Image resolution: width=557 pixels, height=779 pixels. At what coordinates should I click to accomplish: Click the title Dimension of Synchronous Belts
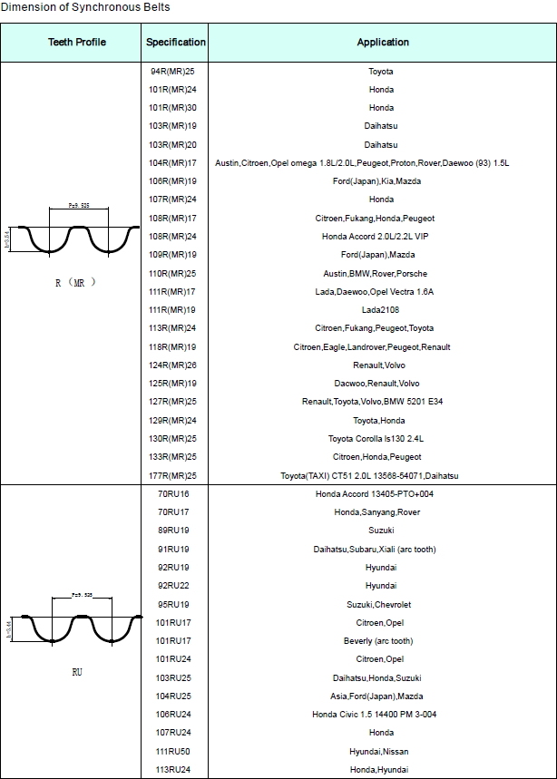tap(85, 7)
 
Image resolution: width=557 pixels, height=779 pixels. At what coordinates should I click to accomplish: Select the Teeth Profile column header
tap(77, 43)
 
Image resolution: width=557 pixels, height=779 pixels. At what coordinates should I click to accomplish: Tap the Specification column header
tap(176, 43)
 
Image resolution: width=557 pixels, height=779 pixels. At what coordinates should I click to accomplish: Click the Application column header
tap(383, 43)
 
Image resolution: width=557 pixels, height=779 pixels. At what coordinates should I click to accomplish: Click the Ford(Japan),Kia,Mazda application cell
tap(381, 181)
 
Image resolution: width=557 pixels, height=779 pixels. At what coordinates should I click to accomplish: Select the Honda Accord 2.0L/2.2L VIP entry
tap(381, 237)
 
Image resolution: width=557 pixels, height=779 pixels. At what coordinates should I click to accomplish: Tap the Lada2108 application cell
tap(381, 310)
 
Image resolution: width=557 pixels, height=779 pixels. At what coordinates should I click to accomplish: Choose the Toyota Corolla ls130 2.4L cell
tap(381, 439)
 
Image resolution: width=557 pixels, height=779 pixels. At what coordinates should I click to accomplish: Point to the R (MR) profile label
tap(75, 282)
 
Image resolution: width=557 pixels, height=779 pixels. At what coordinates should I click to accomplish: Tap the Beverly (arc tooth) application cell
tap(381, 641)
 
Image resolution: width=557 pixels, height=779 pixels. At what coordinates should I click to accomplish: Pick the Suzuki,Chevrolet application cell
tap(381, 605)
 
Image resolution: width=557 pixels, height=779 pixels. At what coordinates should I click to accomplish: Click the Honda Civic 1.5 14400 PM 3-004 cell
tap(381, 715)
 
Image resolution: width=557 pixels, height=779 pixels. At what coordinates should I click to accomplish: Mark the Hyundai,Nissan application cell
tap(381, 752)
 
